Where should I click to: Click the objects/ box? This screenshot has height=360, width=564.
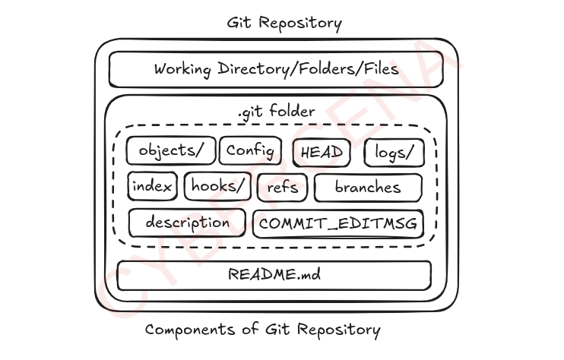point(171,150)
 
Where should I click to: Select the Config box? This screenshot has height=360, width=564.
point(250,150)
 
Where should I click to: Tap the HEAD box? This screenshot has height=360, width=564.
point(322,153)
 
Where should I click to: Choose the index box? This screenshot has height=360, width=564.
point(153,186)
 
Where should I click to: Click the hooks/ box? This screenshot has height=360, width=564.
point(217,186)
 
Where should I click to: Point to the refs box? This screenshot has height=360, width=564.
point(283,187)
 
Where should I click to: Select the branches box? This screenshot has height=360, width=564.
point(368,187)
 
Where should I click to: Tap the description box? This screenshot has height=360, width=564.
point(187,223)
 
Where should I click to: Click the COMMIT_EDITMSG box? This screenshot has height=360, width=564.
point(337,224)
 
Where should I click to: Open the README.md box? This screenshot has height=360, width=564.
point(274,275)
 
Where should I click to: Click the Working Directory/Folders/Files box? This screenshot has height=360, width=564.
point(277,70)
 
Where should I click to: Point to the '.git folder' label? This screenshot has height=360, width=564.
point(276,112)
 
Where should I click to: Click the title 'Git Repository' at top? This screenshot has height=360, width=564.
point(284,23)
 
